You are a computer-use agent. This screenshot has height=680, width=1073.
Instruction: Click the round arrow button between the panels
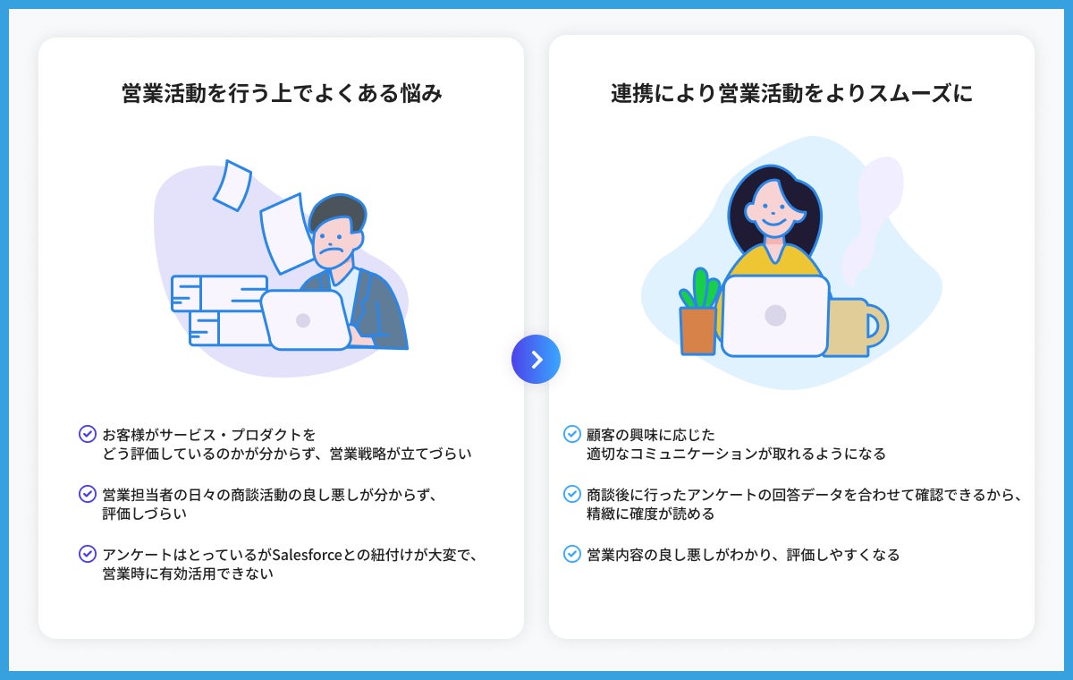[x=536, y=360]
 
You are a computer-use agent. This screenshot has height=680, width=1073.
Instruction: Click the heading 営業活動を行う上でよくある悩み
[x=282, y=94]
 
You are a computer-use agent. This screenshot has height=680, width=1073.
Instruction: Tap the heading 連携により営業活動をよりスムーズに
[x=791, y=94]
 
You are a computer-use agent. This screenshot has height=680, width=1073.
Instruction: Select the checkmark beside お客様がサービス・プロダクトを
[x=88, y=435]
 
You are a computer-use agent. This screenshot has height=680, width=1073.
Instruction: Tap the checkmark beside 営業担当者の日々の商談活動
[x=88, y=494]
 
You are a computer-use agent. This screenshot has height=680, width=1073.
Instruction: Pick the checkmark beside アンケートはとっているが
[x=88, y=554]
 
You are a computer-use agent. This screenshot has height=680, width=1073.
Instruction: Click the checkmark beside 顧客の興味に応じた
[x=572, y=435]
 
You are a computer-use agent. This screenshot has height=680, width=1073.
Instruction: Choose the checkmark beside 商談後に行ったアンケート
[x=572, y=494]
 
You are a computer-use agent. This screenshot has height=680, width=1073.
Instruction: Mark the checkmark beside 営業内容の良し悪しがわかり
[x=572, y=554]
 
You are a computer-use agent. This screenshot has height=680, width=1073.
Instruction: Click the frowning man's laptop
[x=305, y=319]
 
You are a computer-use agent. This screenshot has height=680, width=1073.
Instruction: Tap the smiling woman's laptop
[x=775, y=315]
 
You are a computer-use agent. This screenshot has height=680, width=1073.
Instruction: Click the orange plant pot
[x=697, y=330]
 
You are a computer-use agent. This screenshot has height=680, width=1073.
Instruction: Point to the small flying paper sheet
[x=232, y=185]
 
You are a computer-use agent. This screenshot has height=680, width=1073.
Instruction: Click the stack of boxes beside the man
[x=217, y=310]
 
